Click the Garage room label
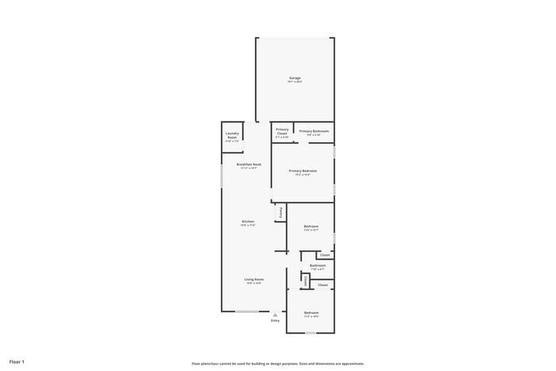point(295,79)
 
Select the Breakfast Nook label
point(249,165)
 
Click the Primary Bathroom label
point(314,132)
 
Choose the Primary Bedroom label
point(303,172)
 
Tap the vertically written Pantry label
point(280,213)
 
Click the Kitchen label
point(248,222)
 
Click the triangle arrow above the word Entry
point(275,315)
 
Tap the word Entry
point(275,320)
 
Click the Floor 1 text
point(17,361)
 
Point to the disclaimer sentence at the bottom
point(277,363)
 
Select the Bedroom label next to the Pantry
point(311,227)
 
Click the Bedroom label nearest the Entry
point(311,313)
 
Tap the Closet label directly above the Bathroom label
point(324,255)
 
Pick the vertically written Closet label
point(305,280)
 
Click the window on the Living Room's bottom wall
point(246,311)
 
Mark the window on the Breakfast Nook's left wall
point(222,176)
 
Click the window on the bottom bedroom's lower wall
point(311,332)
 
